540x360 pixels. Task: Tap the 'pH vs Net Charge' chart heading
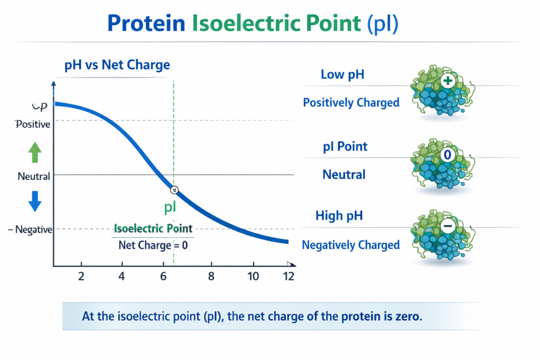pos(117,65)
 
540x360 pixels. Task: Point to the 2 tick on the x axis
pos(81,276)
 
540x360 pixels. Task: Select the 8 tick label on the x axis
pos(211,276)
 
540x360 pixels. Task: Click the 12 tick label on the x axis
pos(288,276)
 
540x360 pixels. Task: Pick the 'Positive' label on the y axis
pos(33,124)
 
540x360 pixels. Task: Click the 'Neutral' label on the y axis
pos(34,176)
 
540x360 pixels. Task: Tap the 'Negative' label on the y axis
pos(33,229)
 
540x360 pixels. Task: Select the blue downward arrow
pos(35,201)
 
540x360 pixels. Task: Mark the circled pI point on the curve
pos(175,190)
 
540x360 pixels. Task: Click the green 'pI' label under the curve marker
pos(170,207)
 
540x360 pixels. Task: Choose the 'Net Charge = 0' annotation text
pos(153,245)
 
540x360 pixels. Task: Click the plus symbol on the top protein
pos(448,82)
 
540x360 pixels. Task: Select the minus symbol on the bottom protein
pos(448,226)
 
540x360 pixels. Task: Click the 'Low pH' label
pos(343,75)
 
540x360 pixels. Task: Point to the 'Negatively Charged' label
pos(351,245)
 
